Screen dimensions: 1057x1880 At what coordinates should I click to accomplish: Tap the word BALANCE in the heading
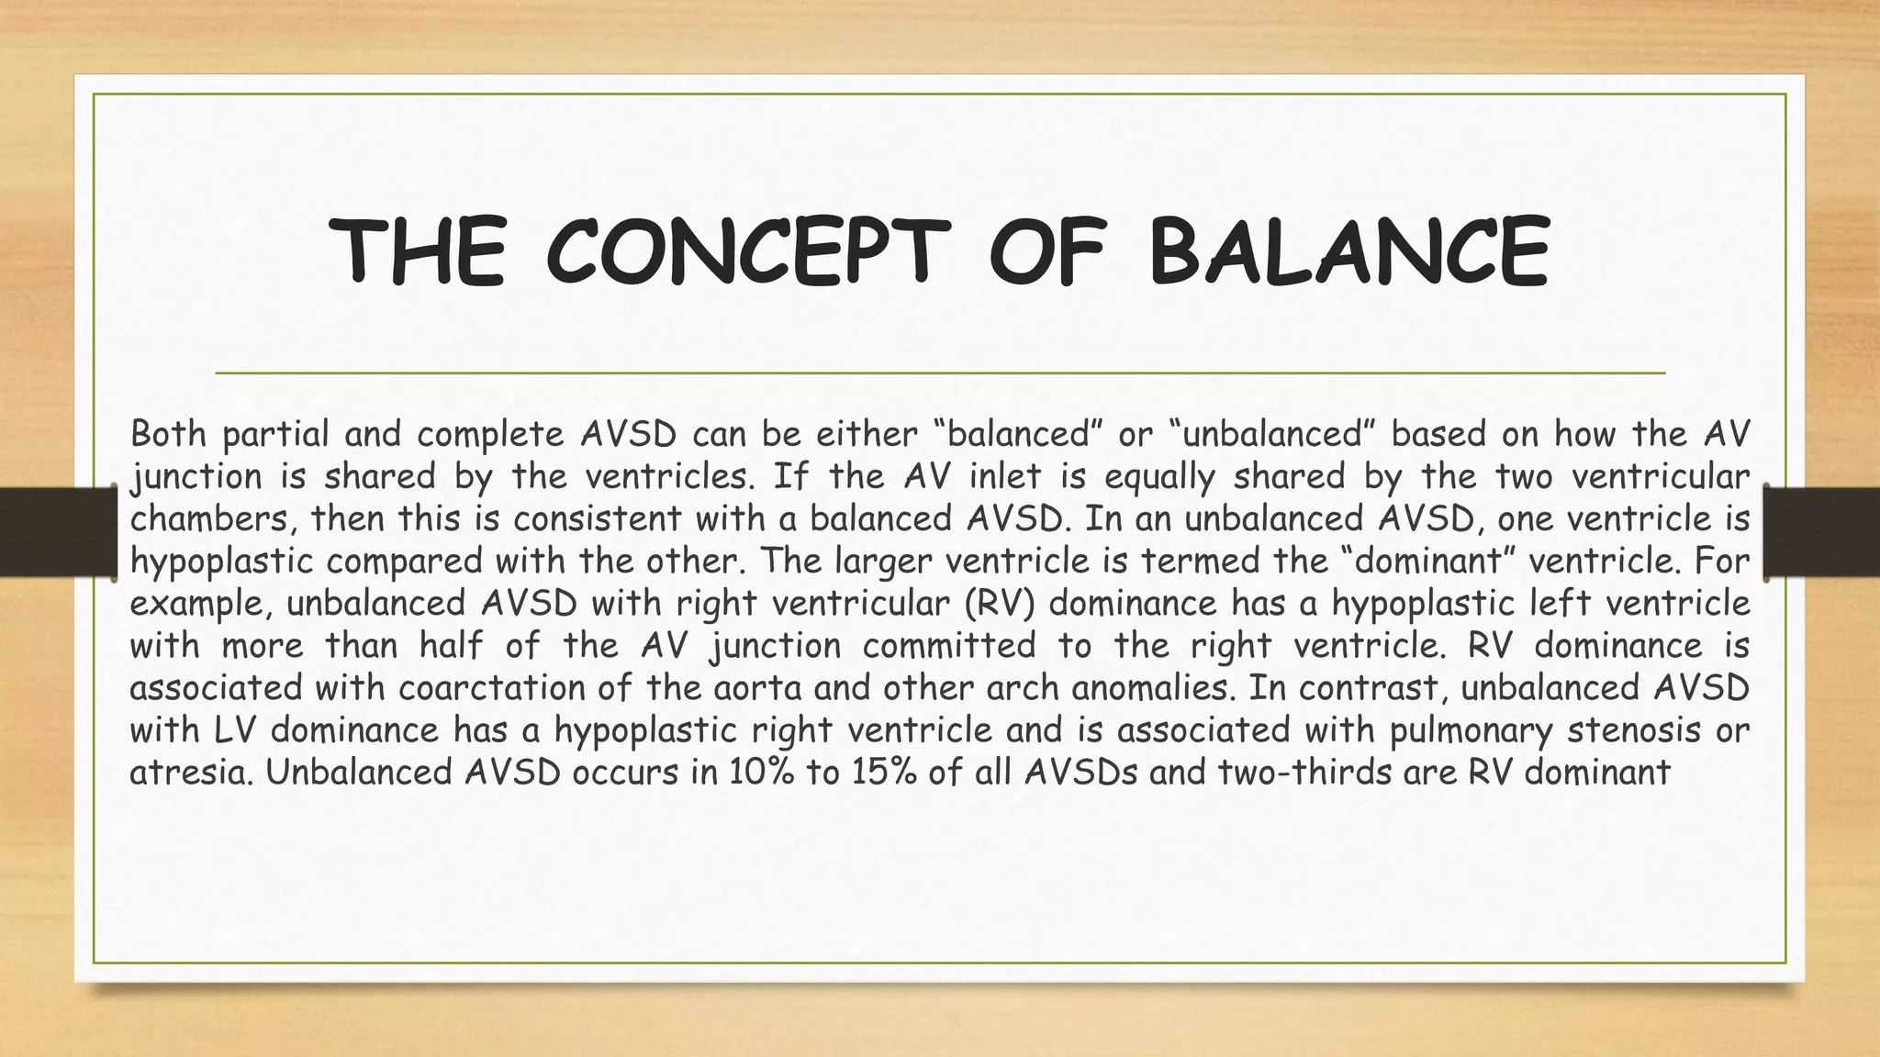[x=1349, y=252]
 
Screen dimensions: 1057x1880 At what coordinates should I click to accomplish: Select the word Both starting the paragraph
[x=169, y=434]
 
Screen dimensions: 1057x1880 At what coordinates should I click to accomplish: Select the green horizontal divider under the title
[x=940, y=373]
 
